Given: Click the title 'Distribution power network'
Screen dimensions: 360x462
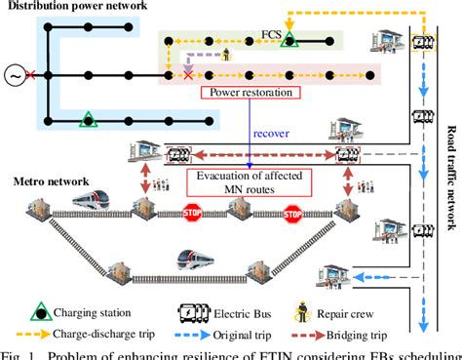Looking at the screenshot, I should tap(75, 9).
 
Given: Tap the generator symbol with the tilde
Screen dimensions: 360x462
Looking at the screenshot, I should tap(14, 74).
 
